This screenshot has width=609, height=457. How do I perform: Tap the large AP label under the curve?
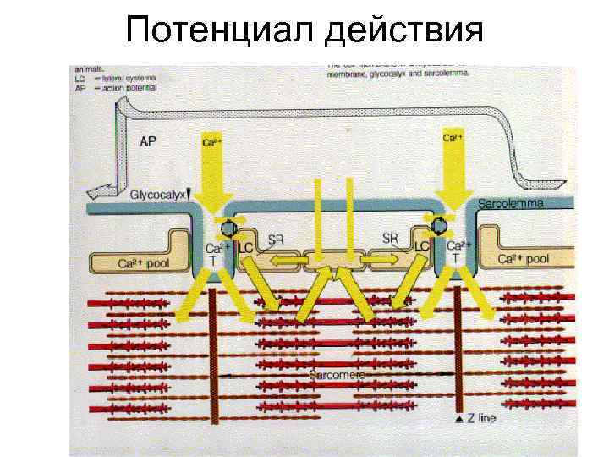[x=147, y=142]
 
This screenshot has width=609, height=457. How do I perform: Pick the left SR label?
[x=276, y=240]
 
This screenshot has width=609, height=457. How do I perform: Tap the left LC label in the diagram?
[x=246, y=247]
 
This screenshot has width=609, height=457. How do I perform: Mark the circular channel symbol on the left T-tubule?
[x=228, y=227]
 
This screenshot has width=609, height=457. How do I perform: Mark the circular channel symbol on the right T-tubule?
[x=439, y=224]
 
